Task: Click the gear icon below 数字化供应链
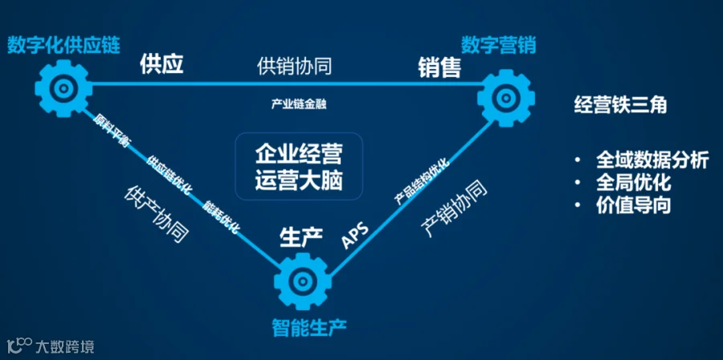(x=63, y=88)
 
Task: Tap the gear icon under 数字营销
(x=506, y=98)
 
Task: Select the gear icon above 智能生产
(x=303, y=280)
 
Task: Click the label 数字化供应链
(x=63, y=45)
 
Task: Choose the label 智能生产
(x=308, y=327)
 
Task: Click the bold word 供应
(x=161, y=64)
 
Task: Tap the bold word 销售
(x=439, y=67)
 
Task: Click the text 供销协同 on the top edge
(x=295, y=67)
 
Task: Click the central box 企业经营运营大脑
(x=299, y=166)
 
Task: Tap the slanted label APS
(x=356, y=235)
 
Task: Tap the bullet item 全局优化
(x=633, y=183)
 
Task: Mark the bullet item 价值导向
(x=633, y=206)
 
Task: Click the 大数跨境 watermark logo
(x=51, y=346)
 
